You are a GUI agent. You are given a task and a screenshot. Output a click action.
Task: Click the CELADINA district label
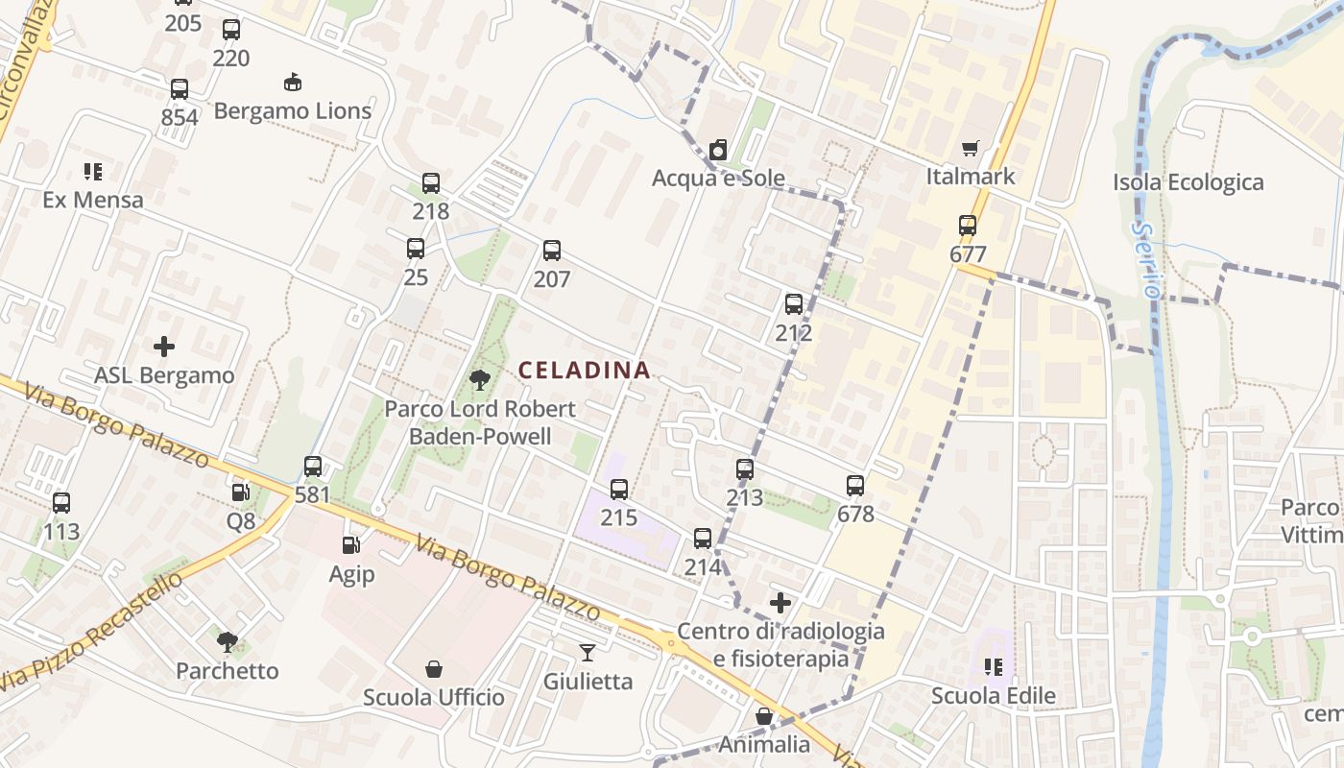tap(584, 370)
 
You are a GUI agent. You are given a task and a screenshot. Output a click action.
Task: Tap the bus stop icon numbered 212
tap(793, 304)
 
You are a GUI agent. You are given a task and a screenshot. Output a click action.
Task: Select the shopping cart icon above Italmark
tap(970, 149)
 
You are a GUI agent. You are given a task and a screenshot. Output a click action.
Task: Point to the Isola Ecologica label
tap(1188, 182)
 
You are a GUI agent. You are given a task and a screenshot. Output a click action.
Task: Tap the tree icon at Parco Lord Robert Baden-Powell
tap(479, 380)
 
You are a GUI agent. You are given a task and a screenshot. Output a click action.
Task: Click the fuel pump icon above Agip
tap(351, 545)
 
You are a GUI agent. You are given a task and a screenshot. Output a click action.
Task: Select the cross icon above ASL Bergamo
tap(164, 346)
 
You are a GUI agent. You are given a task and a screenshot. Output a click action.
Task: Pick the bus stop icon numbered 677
tap(967, 227)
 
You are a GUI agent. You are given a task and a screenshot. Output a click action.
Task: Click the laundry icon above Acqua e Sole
tap(717, 150)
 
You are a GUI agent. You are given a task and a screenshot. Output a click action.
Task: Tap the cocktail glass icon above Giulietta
tap(588, 653)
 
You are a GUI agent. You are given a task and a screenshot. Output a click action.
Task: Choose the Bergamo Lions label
tap(293, 110)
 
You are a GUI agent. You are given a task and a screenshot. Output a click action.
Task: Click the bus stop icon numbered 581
tap(313, 467)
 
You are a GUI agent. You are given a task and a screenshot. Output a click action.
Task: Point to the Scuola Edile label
tap(993, 696)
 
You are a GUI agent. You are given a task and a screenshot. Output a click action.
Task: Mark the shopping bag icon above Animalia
tap(764, 716)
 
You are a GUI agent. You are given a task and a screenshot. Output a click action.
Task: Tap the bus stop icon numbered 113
tap(61, 502)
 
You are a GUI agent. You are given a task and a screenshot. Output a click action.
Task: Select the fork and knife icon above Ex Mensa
tap(93, 172)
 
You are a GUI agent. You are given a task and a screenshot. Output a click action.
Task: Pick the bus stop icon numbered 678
tap(855, 486)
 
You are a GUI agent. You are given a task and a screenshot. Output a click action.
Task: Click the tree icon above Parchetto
tap(228, 641)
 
